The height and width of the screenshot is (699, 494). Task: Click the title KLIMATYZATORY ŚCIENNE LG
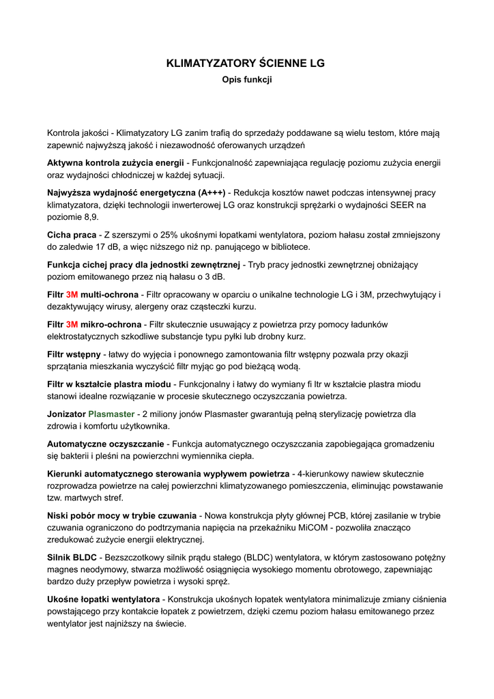(246, 63)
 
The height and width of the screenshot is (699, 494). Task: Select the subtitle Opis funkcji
(246, 80)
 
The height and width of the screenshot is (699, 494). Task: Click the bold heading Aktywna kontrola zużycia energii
(115, 163)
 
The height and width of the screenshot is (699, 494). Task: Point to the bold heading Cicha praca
(72, 235)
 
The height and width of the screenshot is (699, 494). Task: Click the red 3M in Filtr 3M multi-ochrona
(72, 294)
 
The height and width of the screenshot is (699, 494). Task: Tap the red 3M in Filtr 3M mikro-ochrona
(72, 324)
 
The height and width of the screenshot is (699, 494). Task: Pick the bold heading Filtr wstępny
(74, 354)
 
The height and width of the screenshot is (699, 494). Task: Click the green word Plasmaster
(111, 414)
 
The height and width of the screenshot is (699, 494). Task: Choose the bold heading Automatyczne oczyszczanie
(106, 444)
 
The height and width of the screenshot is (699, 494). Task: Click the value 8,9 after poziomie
(91, 217)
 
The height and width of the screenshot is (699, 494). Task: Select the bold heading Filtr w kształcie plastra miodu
(109, 384)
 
